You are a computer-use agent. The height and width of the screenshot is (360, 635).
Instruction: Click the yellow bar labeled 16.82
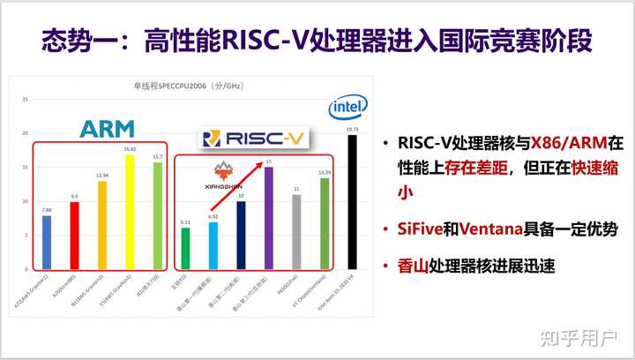[131, 212]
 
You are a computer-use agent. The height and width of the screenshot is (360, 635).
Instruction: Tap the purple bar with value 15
[269, 217]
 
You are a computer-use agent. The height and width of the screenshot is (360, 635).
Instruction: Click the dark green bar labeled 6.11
[185, 248]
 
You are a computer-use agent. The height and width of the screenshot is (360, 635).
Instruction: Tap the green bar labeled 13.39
[325, 223]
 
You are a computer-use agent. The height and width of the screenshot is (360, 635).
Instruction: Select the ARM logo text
[107, 129]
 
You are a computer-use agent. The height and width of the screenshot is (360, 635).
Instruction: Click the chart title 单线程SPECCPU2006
[177, 86]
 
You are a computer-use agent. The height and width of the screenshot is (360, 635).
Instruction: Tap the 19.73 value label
[353, 128]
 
